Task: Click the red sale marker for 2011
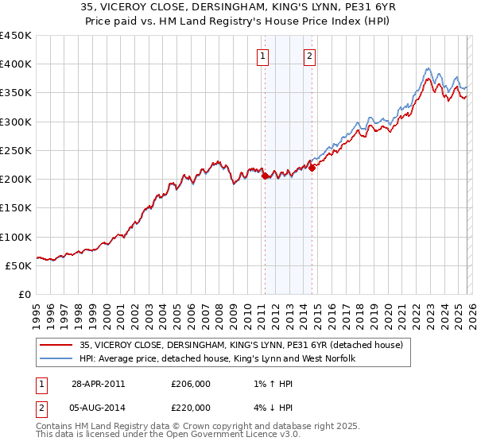[x=265, y=176]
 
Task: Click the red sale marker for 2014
[x=312, y=168]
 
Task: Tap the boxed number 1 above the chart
[x=263, y=56]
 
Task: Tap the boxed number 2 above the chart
[x=309, y=56]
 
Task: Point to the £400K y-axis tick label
[x=16, y=64]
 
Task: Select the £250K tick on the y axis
[x=16, y=150]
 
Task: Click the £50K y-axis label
[x=19, y=265]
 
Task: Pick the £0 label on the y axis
[x=25, y=294]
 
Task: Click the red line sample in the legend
[x=56, y=345]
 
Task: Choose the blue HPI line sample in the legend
[x=56, y=358]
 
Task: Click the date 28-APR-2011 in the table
[x=99, y=383]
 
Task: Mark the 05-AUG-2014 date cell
[x=99, y=408]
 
